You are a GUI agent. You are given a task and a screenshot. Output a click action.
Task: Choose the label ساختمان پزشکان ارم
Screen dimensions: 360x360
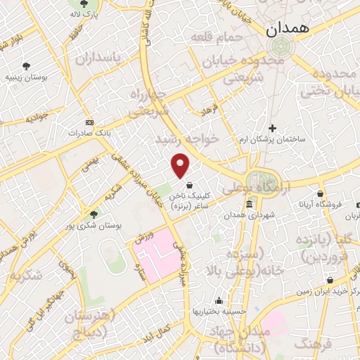click(272, 139)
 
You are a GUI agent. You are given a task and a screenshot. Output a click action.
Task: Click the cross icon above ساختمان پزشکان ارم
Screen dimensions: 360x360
click(273, 128)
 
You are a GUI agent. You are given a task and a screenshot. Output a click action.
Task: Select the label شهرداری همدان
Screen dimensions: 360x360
click(250, 215)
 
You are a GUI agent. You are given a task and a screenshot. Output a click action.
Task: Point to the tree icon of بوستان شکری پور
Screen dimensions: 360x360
click(95, 214)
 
